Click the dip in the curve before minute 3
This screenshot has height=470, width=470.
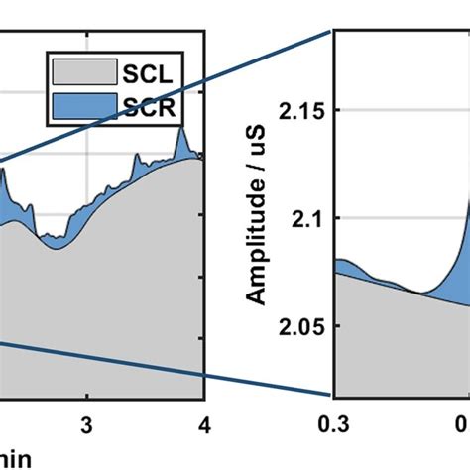tap(56, 248)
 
